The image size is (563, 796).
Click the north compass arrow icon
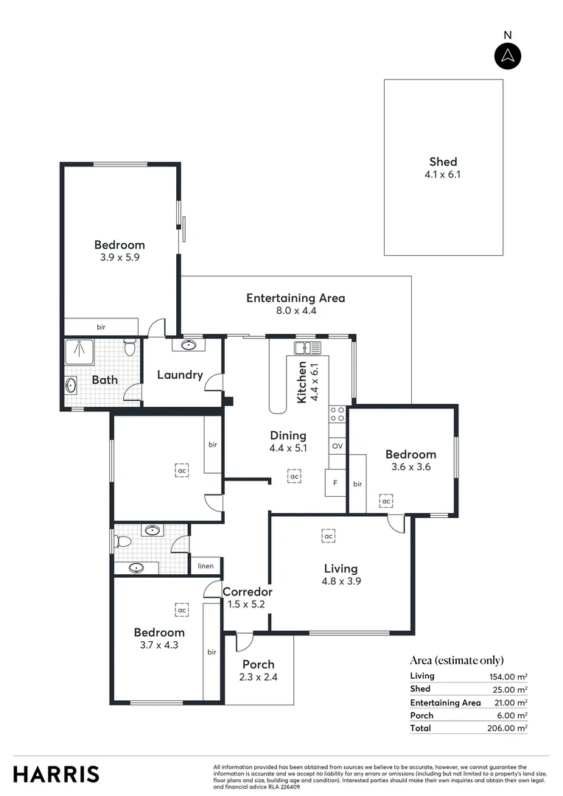[507, 56]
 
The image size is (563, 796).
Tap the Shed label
[443, 161]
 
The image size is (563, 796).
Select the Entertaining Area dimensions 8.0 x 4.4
[296, 311]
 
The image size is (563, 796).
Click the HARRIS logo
[56, 774]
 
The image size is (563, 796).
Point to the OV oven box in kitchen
[338, 447]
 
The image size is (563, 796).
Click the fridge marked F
[336, 483]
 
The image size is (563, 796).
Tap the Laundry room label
[180, 374]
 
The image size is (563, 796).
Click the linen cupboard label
[206, 566]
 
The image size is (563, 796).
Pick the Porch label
[258, 665]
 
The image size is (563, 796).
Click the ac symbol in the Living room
[328, 536]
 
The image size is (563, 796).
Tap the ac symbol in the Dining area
[294, 477]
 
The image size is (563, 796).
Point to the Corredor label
[248, 591]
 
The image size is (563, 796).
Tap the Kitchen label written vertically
[302, 383]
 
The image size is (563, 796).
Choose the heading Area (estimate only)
[457, 660]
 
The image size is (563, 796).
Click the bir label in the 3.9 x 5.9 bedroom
[100, 327]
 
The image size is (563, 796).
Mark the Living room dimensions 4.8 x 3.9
[340, 581]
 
